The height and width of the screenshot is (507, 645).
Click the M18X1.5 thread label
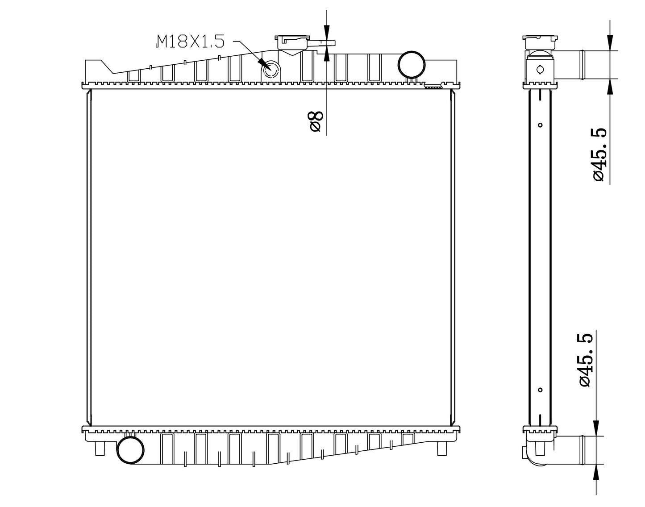tap(190, 42)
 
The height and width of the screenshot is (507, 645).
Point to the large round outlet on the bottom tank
tap(130, 450)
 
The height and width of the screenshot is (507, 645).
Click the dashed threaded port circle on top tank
tap(271, 71)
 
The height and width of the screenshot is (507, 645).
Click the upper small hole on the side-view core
tap(540, 125)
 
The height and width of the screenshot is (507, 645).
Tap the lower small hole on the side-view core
tap(540, 390)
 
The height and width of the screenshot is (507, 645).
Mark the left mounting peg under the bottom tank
tap(100, 448)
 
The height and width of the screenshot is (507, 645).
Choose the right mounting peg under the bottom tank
tap(441, 448)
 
